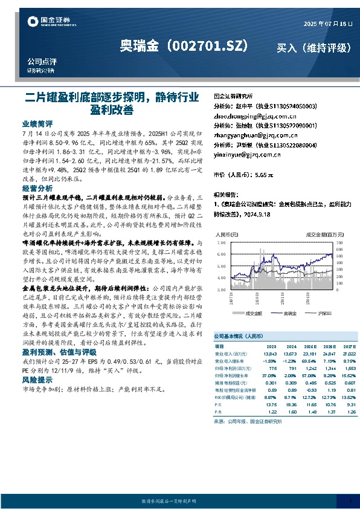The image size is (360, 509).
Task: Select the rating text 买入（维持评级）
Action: tap(313, 47)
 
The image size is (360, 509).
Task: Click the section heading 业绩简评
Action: tap(38, 122)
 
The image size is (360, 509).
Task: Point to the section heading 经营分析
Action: tap(38, 189)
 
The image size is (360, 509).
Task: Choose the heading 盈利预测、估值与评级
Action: tap(59, 352)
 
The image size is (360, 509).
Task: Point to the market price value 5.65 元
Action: tap(264, 174)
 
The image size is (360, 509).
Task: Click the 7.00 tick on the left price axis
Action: tap(220, 241)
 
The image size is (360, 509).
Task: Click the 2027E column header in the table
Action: tap(349, 345)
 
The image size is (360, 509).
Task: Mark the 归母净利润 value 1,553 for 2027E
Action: tap(349, 367)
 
